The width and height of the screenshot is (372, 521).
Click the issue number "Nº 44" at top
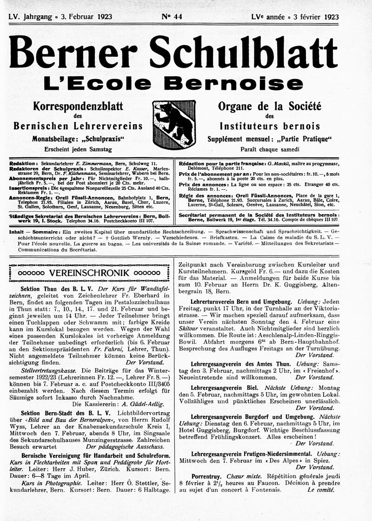click(172, 17)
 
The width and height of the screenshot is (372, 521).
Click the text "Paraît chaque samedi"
click(270, 149)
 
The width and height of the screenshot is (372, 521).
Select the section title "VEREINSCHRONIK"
click(88, 273)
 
